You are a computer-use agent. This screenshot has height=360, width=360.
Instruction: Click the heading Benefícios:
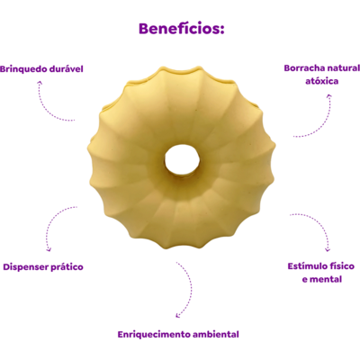click(x=182, y=29)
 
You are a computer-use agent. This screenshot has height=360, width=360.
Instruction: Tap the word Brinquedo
click(x=23, y=69)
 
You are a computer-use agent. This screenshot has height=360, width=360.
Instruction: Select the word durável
click(x=66, y=69)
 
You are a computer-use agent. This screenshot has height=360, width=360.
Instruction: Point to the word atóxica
click(x=322, y=81)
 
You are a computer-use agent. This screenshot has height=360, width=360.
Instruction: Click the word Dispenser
click(x=25, y=267)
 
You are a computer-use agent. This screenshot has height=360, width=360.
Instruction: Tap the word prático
click(x=67, y=267)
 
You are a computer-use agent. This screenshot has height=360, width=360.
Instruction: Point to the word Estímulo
click(x=307, y=266)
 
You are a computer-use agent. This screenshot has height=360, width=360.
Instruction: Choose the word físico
click(x=342, y=266)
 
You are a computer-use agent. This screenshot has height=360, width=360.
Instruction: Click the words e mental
click(x=322, y=279)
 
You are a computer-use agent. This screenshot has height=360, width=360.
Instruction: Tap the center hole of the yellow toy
click(x=182, y=159)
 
